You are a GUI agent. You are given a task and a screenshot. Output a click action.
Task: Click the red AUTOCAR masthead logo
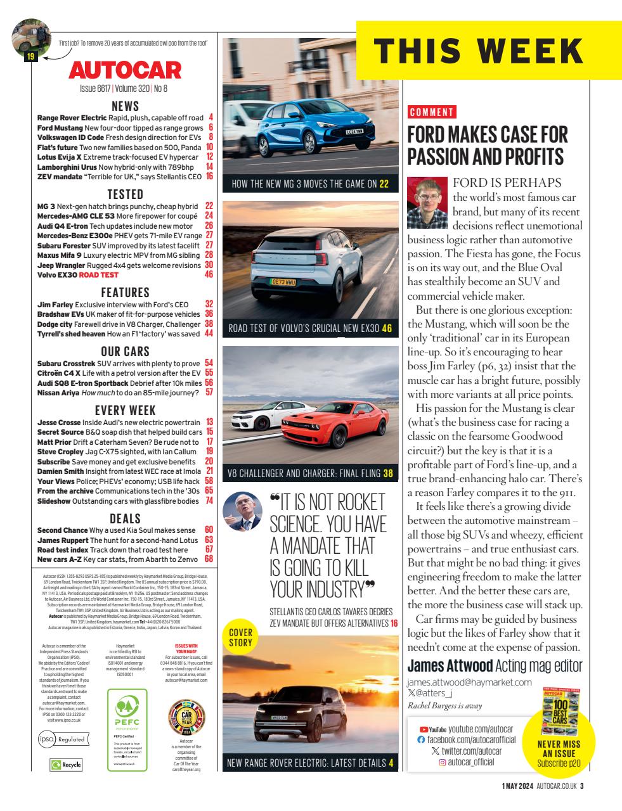point(125,70)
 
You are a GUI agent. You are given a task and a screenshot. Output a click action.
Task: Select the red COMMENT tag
point(432,113)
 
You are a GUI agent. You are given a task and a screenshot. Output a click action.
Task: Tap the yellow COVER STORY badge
point(241,637)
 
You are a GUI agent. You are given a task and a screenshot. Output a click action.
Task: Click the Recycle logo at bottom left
point(66,765)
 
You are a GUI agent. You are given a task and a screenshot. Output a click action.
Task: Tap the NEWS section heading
point(125,106)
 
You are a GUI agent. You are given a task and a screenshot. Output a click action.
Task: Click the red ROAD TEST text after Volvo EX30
point(98,275)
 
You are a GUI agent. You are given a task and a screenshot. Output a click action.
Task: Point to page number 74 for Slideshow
point(209,501)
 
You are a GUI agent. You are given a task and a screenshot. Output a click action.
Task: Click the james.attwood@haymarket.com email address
point(469,682)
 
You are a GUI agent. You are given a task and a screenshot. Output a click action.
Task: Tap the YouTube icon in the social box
point(437,730)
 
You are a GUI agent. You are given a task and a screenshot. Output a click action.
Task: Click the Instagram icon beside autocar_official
point(443,762)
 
